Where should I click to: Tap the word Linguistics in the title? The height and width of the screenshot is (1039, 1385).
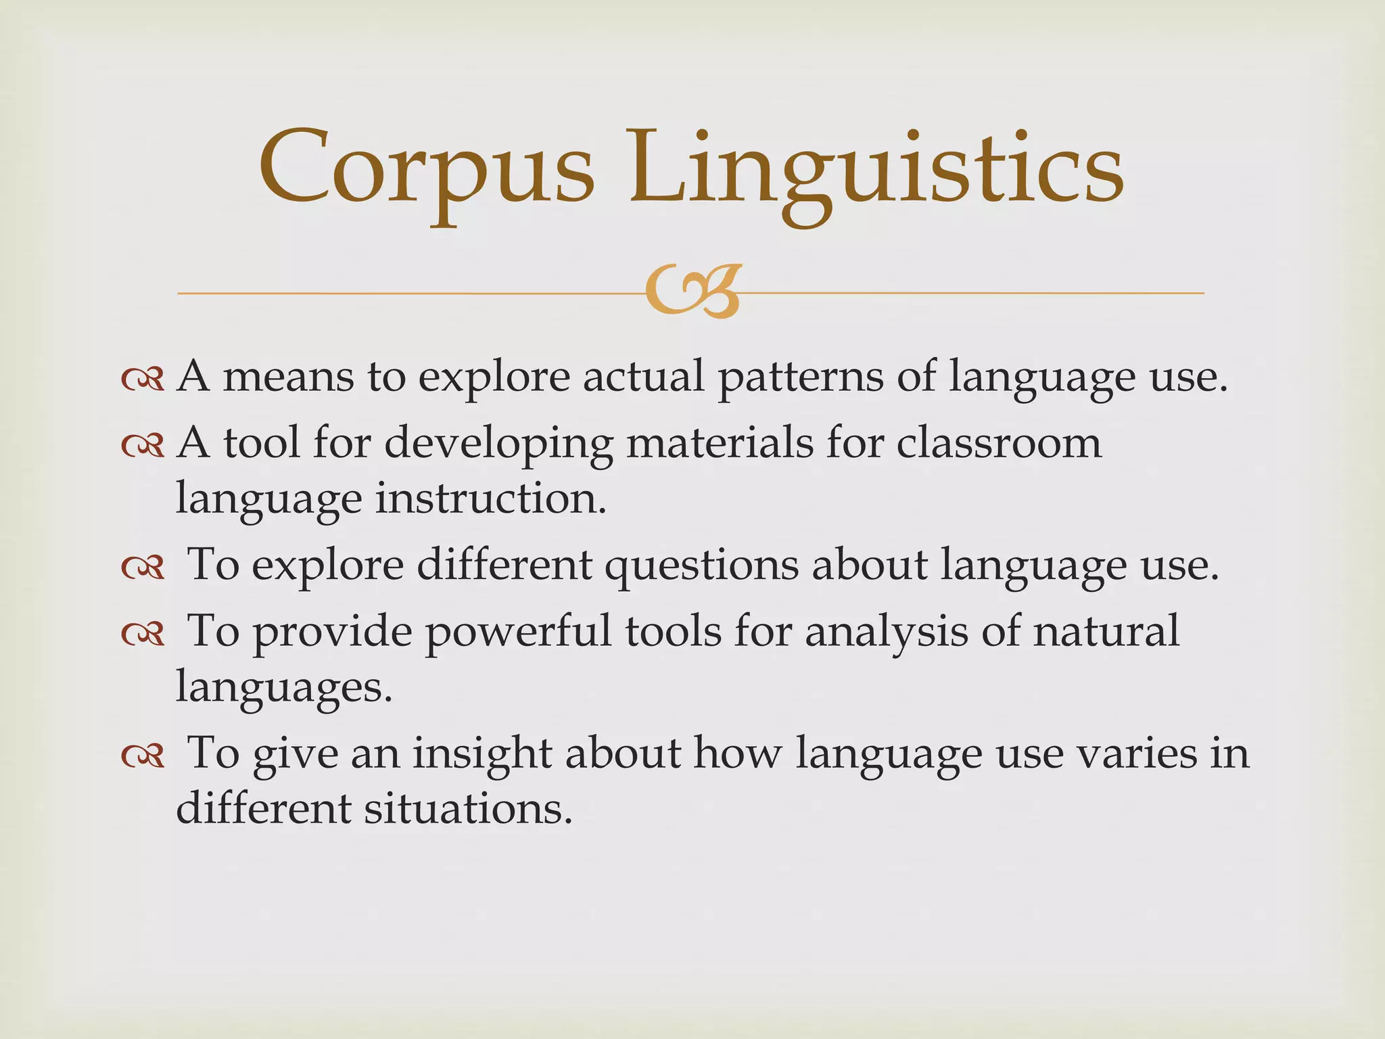point(876,169)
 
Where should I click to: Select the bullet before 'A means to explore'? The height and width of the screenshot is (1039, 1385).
point(143,379)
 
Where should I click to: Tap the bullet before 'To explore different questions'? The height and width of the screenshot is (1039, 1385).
point(143,568)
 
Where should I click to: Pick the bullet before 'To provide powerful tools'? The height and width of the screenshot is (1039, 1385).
point(143,633)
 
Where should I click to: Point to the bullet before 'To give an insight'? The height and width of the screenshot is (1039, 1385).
point(143,756)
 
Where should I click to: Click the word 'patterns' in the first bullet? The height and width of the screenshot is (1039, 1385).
point(800,377)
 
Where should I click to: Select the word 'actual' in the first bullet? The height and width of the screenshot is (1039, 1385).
point(642,376)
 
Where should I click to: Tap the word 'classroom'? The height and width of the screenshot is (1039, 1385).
point(999,444)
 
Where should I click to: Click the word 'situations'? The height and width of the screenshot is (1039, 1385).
point(468,808)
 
